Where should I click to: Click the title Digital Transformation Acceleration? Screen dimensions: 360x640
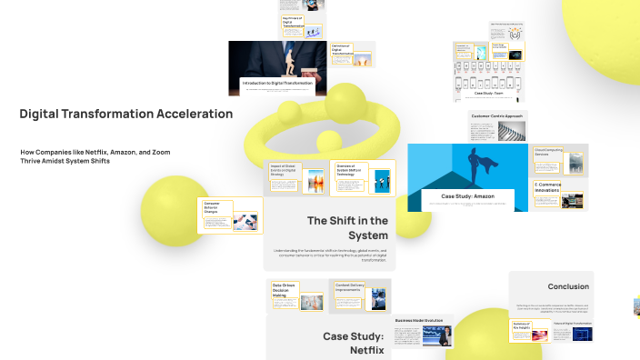point(125,114)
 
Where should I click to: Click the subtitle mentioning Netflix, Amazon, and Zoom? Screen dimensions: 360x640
point(95,155)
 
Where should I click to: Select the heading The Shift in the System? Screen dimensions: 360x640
point(346,227)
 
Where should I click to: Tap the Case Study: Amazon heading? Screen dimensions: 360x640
point(467,196)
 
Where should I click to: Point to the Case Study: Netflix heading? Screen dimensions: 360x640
point(354,343)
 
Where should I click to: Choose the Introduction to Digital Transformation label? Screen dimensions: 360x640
point(277,83)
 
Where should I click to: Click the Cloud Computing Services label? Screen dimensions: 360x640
point(548,152)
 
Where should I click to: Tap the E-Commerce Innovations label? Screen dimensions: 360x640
point(548,187)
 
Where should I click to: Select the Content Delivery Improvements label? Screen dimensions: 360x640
point(349,288)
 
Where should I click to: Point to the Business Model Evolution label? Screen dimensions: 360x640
point(418,320)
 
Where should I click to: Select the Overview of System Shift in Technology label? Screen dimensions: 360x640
point(349,172)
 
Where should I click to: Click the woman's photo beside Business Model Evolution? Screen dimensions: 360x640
point(445,337)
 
